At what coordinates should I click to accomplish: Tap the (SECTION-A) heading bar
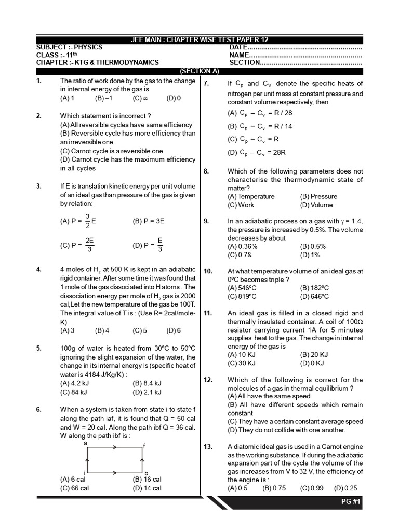(199, 71)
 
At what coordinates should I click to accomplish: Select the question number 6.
(39, 409)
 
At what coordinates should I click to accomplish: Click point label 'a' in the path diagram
(85, 443)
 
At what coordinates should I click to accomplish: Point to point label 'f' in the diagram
(144, 446)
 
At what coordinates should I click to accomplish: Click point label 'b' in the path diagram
(146, 473)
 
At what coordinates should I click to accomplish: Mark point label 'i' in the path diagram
(84, 472)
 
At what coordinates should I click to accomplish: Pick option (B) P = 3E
(149, 221)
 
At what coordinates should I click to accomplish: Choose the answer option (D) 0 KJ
(312, 363)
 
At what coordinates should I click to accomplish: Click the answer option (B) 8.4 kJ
(147, 384)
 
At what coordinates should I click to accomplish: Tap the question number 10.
(208, 271)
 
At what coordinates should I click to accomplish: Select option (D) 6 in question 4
(174, 330)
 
